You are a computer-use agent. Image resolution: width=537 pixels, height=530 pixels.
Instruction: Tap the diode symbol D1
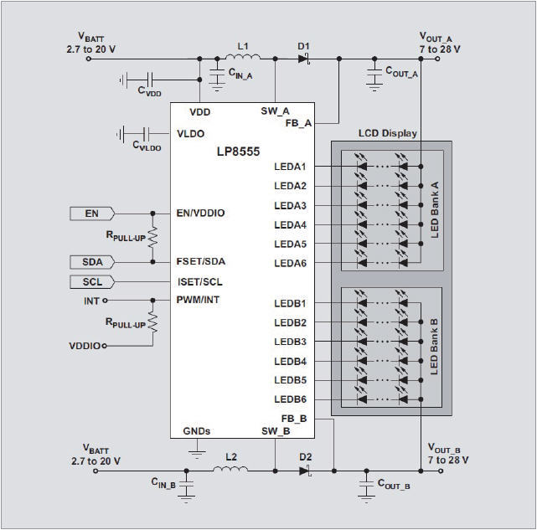click(x=304, y=58)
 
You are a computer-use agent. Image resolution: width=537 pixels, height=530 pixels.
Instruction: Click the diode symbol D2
click(x=305, y=470)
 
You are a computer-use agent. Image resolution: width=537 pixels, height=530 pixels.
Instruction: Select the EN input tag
click(x=92, y=214)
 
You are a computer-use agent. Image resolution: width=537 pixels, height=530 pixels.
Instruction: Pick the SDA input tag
click(x=92, y=262)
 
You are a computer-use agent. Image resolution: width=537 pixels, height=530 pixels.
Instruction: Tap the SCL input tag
click(x=92, y=281)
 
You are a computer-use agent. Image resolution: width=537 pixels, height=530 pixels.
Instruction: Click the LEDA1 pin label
click(x=290, y=166)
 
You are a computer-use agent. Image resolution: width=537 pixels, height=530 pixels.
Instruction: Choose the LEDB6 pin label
click(x=290, y=399)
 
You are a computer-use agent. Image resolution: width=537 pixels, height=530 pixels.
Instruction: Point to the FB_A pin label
click(x=298, y=122)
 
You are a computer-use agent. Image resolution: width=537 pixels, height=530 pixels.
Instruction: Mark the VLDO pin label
click(x=191, y=133)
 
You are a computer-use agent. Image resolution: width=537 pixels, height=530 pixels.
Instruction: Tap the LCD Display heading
click(x=387, y=133)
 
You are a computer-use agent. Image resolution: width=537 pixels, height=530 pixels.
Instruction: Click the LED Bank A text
click(x=435, y=210)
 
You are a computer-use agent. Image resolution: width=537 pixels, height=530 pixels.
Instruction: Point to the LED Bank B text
click(x=435, y=347)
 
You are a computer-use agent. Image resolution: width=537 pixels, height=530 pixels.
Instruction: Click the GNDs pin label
click(x=197, y=431)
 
